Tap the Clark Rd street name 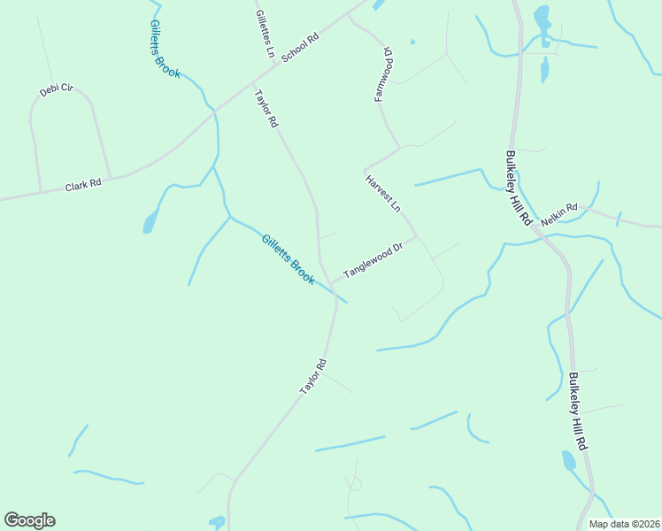click(83, 186)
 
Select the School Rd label click(299, 49)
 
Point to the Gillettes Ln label click(265, 34)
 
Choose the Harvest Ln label click(383, 193)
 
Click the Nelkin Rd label click(558, 212)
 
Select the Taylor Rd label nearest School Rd click(266, 110)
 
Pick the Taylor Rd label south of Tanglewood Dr click(313, 376)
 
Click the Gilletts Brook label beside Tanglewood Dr click(288, 258)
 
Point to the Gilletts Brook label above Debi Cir click(165, 50)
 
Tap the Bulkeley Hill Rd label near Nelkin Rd click(518, 188)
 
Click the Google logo click(29, 520)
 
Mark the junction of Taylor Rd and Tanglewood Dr click(330, 283)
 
